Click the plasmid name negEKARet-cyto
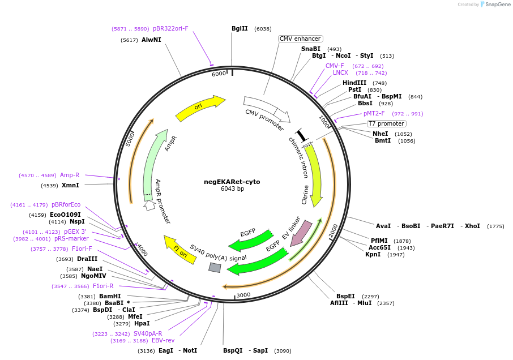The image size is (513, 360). pos(232,182)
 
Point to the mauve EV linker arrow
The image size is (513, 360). pos(300,232)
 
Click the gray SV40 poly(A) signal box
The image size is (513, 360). pos(215,267)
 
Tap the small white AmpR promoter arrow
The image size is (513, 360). pos(149,205)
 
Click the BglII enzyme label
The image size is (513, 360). pos(240,28)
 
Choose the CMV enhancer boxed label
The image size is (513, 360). pos(300,38)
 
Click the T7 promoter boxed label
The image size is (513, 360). pos(386,123)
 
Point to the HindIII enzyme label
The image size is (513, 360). pos(354,83)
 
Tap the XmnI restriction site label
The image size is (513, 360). pos(70,185)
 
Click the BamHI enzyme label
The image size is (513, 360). pos(110,296)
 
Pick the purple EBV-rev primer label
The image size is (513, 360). pos(163,340)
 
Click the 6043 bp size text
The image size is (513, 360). pos(232,189)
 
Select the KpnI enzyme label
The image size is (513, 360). pos(373,254)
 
